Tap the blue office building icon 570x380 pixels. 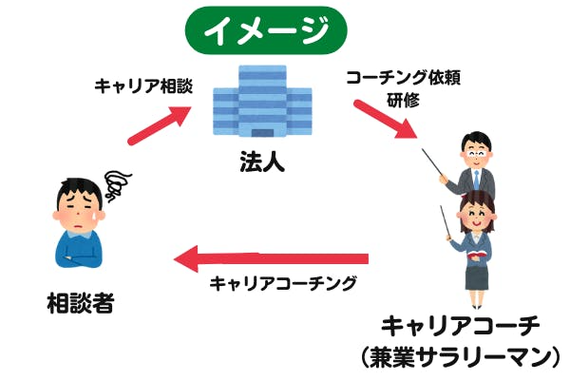click(x=262, y=104)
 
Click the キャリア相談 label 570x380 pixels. click(x=143, y=85)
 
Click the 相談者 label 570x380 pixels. click(x=81, y=305)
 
